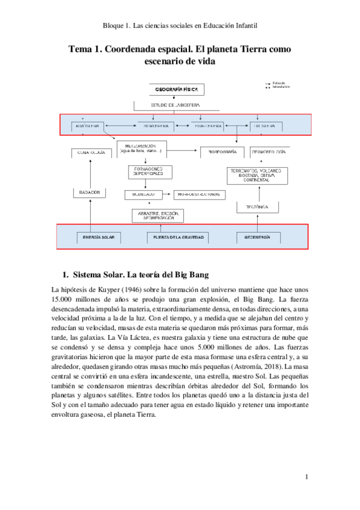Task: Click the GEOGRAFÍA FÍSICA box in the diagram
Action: (177, 90)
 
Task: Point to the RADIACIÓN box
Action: (90, 192)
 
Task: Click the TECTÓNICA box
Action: (257, 207)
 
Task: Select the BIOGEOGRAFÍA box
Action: (222, 153)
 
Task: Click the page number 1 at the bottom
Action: (306, 478)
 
